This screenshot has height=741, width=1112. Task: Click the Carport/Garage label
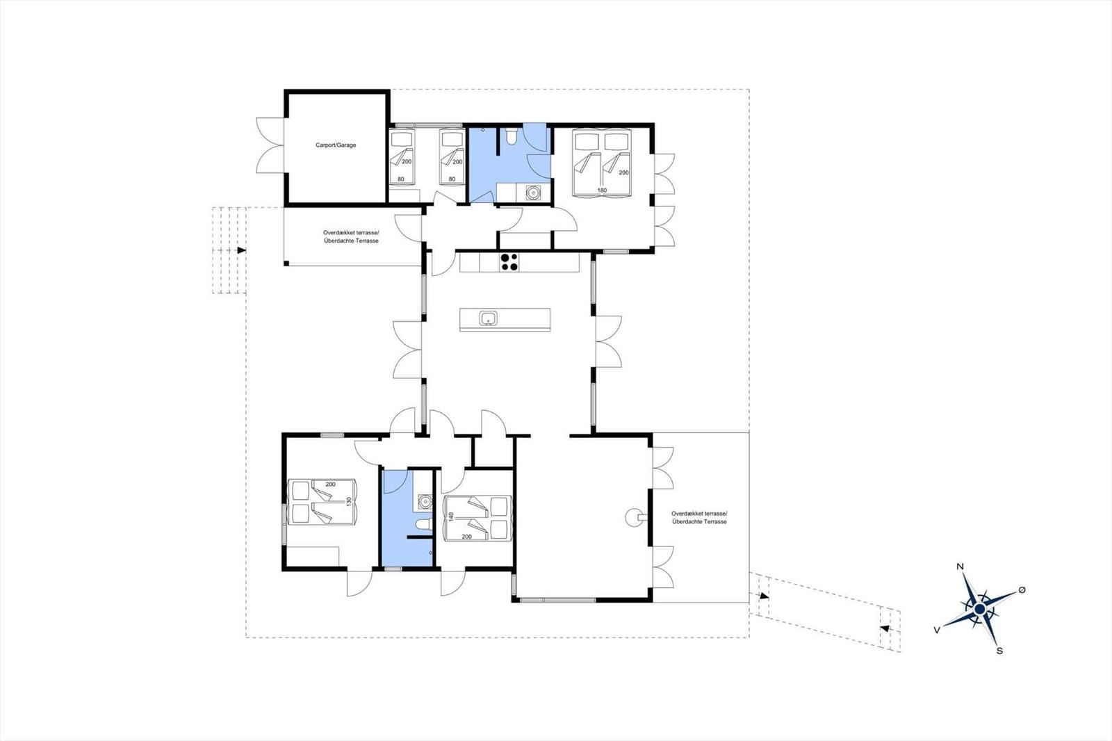(336, 145)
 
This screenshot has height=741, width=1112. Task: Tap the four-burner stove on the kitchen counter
(509, 262)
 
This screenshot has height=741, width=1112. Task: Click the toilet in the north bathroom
(510, 136)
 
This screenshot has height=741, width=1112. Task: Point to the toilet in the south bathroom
(423, 524)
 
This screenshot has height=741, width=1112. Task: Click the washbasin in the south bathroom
(425, 502)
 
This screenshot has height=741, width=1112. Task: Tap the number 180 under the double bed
(602, 190)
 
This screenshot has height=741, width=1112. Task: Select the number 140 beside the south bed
(451, 517)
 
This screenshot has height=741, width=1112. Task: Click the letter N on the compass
(960, 567)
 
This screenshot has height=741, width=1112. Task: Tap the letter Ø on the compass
(1022, 590)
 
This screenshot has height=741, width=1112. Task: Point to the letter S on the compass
(1000, 651)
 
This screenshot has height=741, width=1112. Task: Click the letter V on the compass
(937, 630)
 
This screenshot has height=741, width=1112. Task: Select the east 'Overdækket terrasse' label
(699, 514)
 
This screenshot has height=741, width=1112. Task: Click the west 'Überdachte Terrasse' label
(351, 241)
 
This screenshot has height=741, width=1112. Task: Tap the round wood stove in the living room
(633, 517)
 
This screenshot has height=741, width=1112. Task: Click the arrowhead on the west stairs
(242, 250)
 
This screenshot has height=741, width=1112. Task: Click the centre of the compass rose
(980, 609)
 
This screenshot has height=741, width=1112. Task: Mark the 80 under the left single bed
(400, 179)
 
